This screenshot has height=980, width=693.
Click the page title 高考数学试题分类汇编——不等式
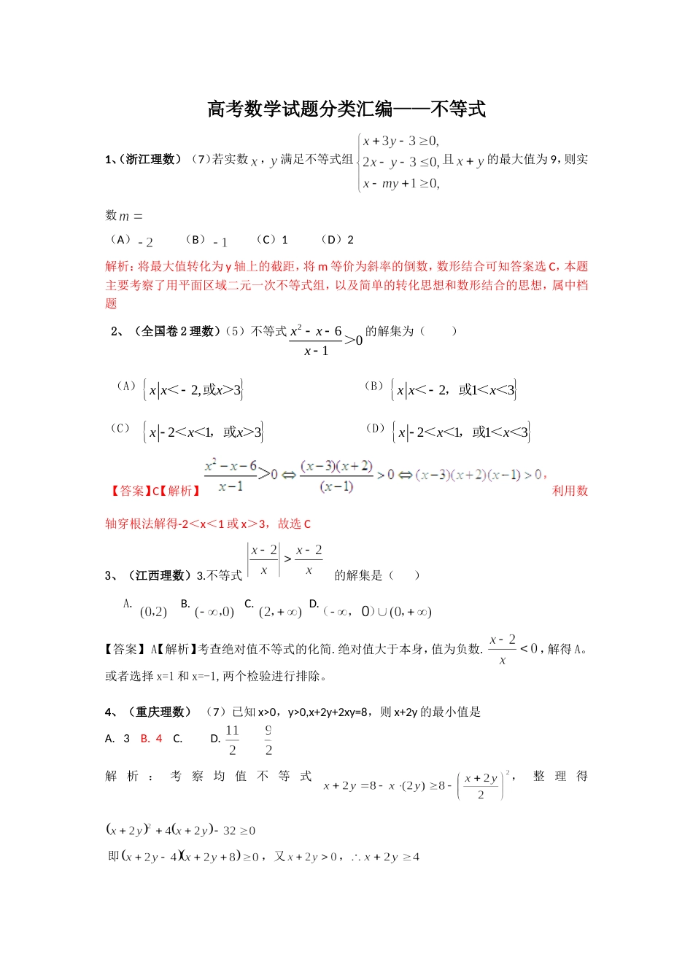tap(346, 109)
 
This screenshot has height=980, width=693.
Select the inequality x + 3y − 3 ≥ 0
tap(401, 141)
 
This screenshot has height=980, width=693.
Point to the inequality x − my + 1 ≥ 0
tap(401, 184)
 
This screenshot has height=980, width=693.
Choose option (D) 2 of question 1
tap(338, 240)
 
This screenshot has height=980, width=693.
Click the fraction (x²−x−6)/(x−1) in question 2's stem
tap(316, 341)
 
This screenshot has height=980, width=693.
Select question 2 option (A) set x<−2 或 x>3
tap(193, 390)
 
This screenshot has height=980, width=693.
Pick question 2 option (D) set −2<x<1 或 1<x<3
tap(461, 432)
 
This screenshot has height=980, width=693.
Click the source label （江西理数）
tap(157, 576)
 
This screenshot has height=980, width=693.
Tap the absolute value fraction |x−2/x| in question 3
tap(263, 560)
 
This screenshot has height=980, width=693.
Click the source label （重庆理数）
tap(159, 712)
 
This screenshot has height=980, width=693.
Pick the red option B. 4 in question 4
tap(151, 739)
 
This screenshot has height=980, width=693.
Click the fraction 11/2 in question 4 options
tap(232, 740)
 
